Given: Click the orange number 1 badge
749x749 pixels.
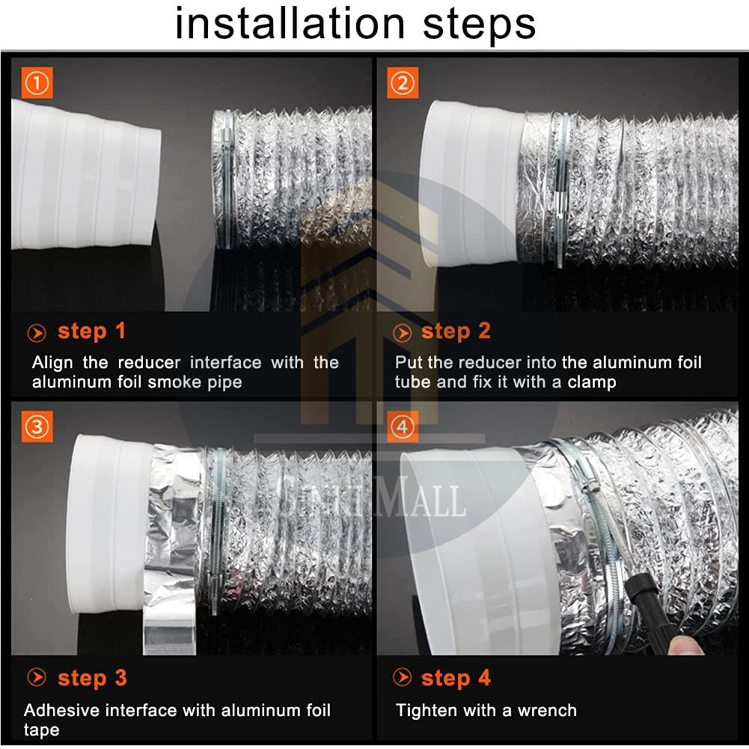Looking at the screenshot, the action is tap(37, 82).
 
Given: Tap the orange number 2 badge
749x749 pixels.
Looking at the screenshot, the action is tap(403, 82).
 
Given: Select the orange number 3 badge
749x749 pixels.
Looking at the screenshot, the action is tap(37, 426).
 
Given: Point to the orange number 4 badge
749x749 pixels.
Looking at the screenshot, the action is tap(403, 426).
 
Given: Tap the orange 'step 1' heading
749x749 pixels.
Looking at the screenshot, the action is tap(91, 331).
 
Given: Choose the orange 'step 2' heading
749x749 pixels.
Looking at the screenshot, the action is tap(456, 331).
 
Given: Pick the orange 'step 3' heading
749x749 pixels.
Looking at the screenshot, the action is tap(92, 679).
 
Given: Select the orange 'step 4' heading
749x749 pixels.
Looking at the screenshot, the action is tap(456, 679).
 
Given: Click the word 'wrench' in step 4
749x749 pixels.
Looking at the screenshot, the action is tap(547, 710).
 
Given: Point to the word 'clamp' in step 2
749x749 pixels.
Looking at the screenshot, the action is tap(592, 383).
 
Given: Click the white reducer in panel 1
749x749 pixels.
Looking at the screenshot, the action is tap(85, 174).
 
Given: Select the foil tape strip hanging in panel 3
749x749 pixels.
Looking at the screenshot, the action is tap(170, 549).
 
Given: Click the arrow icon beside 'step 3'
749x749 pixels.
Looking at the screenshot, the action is tap(37, 677).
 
